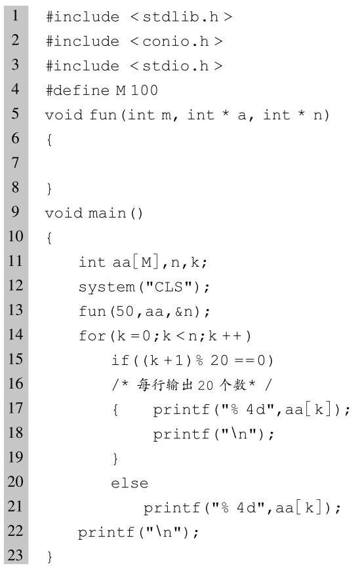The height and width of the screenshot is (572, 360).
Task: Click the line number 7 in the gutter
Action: tap(15, 162)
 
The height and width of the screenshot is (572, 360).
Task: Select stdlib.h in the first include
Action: tap(180, 17)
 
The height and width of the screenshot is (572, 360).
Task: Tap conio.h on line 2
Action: tap(175, 41)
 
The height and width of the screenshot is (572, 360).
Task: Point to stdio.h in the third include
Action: tap(175, 66)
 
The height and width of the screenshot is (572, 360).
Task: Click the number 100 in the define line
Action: tap(144, 90)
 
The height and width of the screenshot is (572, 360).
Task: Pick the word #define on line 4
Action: tap(77, 90)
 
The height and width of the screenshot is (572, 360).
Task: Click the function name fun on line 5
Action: tap(103, 115)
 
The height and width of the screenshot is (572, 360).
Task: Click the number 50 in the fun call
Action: tap(125, 311)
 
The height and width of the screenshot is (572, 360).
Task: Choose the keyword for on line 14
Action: tap(92, 335)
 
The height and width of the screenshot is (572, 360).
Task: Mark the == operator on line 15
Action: tap(245, 360)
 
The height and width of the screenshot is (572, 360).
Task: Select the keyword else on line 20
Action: tap(130, 483)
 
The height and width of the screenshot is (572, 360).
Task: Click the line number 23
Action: tap(15, 555)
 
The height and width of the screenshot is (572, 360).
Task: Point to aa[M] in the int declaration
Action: tap(136, 262)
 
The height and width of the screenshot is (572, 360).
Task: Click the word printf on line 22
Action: tap(106, 532)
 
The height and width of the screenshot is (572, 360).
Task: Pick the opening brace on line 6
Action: tap(49, 140)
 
